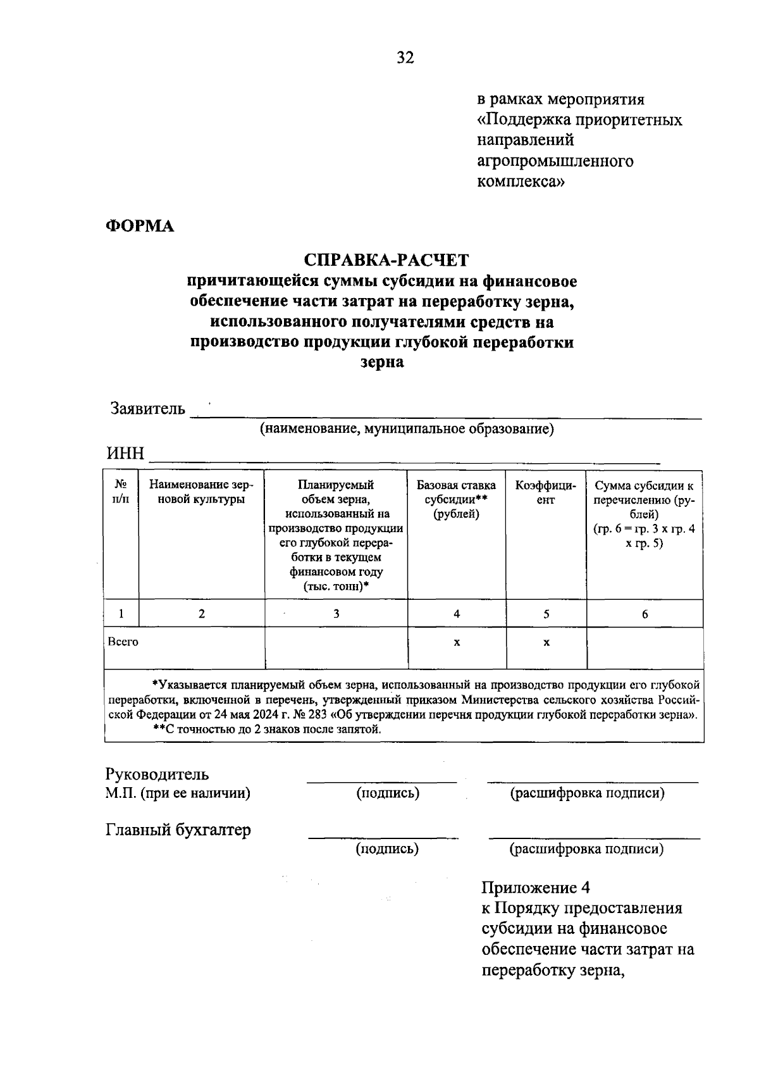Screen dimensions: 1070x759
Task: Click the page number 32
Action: pyautogui.click(x=405, y=58)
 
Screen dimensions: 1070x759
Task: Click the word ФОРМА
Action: pyautogui.click(x=140, y=226)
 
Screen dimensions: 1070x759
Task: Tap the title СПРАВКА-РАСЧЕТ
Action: pyautogui.click(x=386, y=260)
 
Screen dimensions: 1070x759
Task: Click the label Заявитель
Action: pyautogui.click(x=148, y=409)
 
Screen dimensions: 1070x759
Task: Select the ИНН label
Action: pyautogui.click(x=126, y=454)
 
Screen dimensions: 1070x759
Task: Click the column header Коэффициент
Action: pyautogui.click(x=546, y=492)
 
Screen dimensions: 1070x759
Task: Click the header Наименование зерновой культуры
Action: pyautogui.click(x=201, y=492)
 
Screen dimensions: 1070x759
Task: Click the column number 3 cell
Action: pyautogui.click(x=336, y=614)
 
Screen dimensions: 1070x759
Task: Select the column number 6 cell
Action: pyautogui.click(x=645, y=614)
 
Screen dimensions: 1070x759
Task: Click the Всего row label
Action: pyautogui.click(x=123, y=642)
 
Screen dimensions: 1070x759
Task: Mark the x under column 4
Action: pyautogui.click(x=457, y=642)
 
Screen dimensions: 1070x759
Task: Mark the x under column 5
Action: pyautogui.click(x=546, y=642)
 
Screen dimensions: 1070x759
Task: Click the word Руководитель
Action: pyautogui.click(x=157, y=774)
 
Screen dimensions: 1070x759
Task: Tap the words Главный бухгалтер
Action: pyautogui.click(x=178, y=830)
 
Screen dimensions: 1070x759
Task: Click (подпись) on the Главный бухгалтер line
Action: pyautogui.click(x=387, y=849)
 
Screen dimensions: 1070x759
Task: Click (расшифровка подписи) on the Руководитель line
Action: pyautogui.click(x=587, y=793)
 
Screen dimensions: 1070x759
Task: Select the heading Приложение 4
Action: pyautogui.click(x=536, y=887)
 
